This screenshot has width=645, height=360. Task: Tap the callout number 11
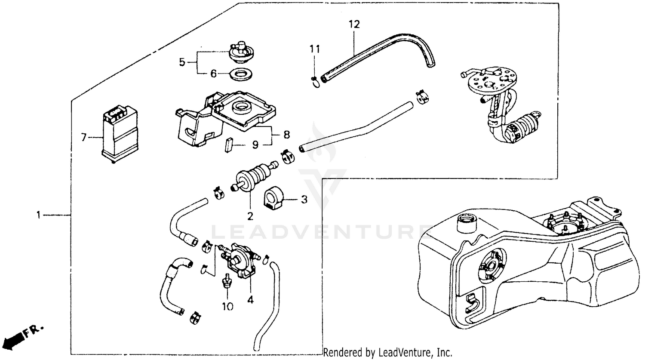[315, 49]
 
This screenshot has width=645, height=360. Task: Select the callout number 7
[83, 138]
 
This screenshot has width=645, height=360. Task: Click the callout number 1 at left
[39, 214]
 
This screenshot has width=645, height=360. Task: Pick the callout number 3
[304, 200]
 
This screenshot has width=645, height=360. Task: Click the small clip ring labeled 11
[315, 81]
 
